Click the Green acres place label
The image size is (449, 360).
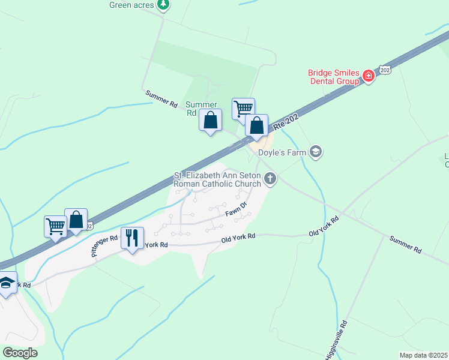click(132, 5)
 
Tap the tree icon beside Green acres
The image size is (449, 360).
click(163, 5)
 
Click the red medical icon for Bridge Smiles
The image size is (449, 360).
click(368, 76)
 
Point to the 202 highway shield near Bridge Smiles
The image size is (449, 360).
click(385, 70)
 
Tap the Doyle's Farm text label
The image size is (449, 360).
click(282, 152)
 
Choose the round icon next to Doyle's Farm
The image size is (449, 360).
click(316, 152)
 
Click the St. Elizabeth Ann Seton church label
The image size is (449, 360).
click(218, 179)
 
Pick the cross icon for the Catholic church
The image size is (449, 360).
click(271, 178)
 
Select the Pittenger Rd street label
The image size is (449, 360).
click(105, 245)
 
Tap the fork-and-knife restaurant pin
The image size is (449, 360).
click(132, 238)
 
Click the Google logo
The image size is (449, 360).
click(20, 353)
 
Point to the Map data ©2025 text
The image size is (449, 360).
click(423, 355)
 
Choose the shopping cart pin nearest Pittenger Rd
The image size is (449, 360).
click(55, 227)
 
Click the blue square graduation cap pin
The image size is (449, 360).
click(6, 283)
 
